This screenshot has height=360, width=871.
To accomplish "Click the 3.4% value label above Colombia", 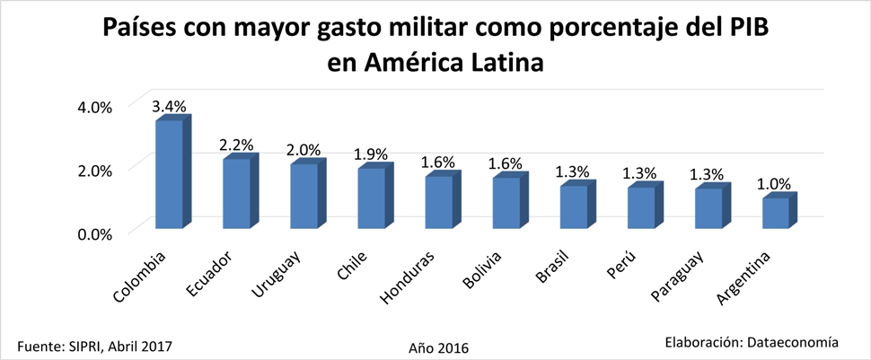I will [x=169, y=106].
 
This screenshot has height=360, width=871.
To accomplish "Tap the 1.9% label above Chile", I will [x=371, y=154].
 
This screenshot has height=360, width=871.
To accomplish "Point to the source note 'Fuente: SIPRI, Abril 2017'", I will [x=94, y=345].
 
